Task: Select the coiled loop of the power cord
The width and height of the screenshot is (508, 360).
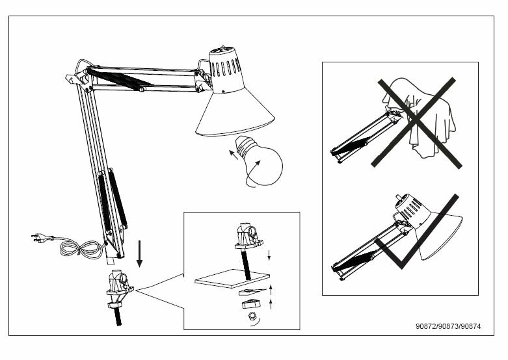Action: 81,248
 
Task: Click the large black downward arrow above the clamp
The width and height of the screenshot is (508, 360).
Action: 139,253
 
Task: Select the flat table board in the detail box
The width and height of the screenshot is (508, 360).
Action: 232,277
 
